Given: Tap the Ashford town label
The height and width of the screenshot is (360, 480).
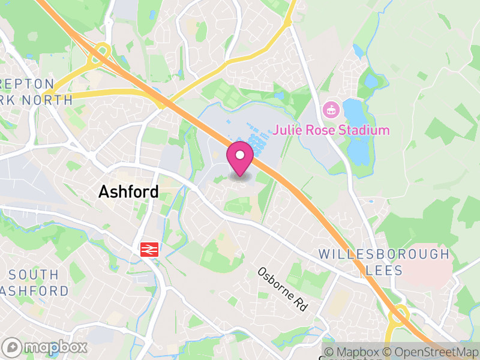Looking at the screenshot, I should [128, 192].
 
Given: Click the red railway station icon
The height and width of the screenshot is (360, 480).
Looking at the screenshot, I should [148, 249].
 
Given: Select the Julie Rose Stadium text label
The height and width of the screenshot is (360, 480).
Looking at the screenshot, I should [332, 130].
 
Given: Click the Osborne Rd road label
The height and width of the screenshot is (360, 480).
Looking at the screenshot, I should [282, 289].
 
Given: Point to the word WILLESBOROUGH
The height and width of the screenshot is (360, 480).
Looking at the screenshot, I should [384, 254].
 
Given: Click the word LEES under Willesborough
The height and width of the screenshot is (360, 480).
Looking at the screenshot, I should [384, 271].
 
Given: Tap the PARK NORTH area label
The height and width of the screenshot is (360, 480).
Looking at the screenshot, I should [36, 100].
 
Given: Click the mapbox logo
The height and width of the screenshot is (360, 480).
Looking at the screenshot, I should [45, 347].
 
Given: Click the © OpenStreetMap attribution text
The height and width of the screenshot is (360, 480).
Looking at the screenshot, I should [431, 352].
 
